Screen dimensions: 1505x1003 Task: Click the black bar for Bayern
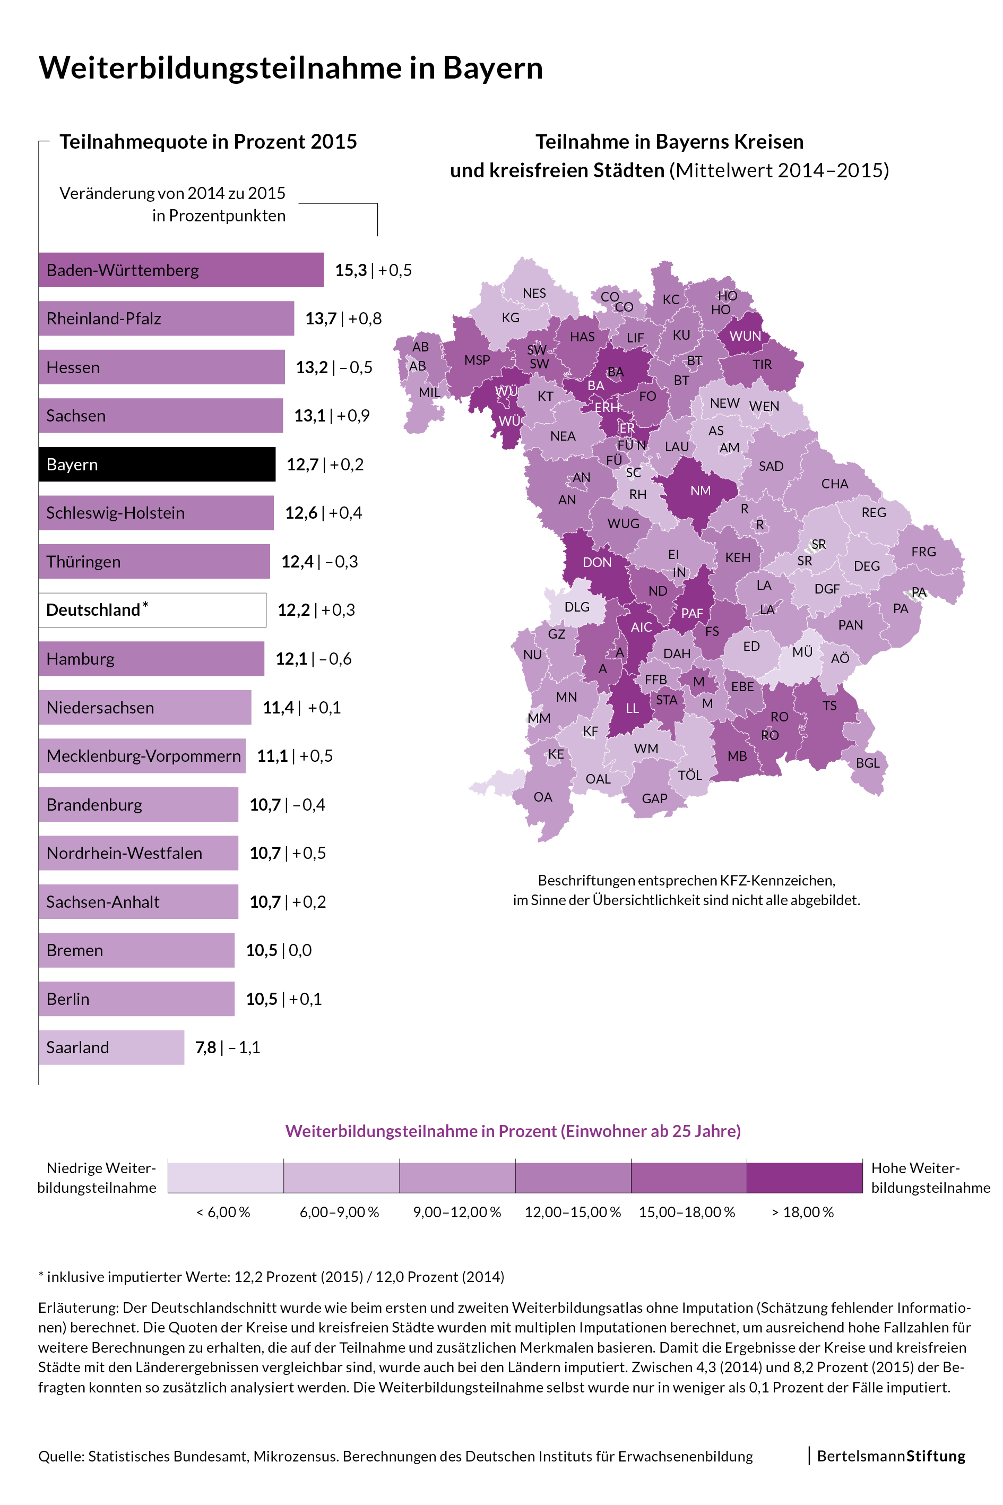tap(157, 464)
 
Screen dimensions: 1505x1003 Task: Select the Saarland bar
tap(111, 1047)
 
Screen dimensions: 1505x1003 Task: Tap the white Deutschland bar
tap(152, 610)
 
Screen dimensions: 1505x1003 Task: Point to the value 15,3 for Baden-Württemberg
tap(351, 270)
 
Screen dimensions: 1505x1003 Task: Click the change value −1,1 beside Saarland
tap(244, 1047)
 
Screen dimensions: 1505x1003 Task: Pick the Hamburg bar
tap(151, 658)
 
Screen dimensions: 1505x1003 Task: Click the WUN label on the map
tap(745, 337)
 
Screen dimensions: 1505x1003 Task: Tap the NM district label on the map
tap(701, 491)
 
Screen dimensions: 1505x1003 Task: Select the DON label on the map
tap(597, 563)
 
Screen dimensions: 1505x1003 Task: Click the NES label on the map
tap(534, 293)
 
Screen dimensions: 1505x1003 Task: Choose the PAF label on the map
tap(692, 613)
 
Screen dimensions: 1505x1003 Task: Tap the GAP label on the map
tap(654, 798)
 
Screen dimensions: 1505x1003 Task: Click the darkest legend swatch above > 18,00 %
tap(804, 1177)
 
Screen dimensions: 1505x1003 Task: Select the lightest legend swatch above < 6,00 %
tap(226, 1177)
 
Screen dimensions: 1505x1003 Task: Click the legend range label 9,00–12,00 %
tap(457, 1212)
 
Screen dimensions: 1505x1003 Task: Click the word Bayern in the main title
tap(492, 68)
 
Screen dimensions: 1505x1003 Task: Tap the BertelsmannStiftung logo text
tap(891, 1456)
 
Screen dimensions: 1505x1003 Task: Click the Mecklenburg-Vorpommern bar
tap(142, 756)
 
